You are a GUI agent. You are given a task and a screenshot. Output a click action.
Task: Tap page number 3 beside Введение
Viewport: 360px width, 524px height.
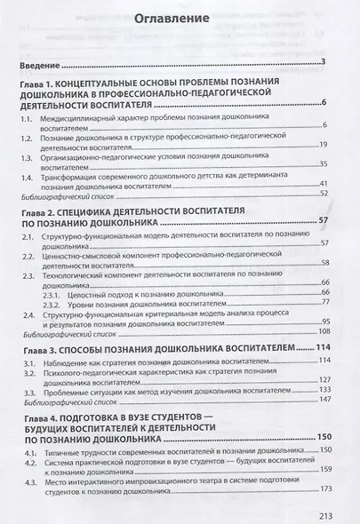[326, 61]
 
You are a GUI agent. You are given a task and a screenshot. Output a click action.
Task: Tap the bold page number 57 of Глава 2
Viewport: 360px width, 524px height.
[324, 219]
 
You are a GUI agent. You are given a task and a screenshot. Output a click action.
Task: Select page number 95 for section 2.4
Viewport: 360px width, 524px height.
[324, 322]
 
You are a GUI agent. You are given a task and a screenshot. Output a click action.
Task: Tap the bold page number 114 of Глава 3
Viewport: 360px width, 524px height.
[321, 347]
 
